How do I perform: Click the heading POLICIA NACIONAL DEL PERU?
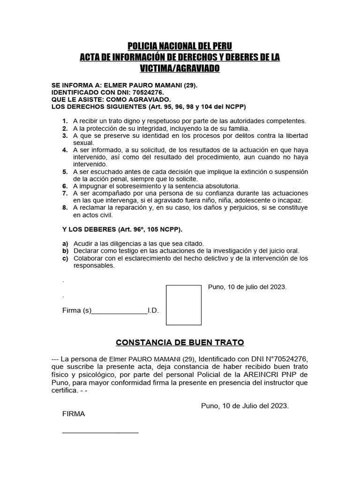click(180, 46)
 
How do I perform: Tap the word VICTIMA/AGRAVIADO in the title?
click(180, 68)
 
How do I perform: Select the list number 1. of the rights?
click(65, 121)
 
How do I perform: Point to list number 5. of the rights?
click(65, 172)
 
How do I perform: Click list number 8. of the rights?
click(65, 208)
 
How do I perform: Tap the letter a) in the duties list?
click(65, 244)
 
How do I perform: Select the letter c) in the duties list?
click(65, 258)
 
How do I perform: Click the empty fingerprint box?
click(184, 305)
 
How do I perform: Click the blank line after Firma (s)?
click(120, 311)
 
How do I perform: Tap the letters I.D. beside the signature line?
click(153, 311)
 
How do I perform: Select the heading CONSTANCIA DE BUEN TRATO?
click(180, 343)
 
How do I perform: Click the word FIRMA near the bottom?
click(74, 414)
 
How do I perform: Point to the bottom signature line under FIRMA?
click(100, 432)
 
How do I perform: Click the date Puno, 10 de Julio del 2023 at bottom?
click(245, 405)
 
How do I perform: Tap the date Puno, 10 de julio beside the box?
click(247, 287)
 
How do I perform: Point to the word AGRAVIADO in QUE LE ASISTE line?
click(150, 99)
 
